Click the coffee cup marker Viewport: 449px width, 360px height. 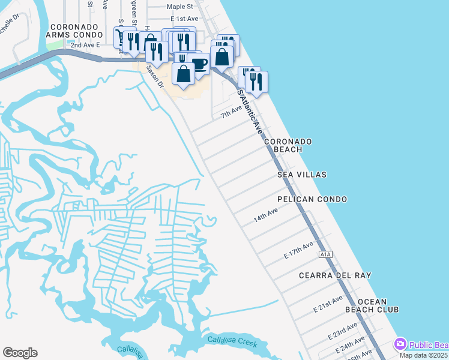coord(199,64)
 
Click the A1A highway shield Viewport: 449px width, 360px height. coord(325,254)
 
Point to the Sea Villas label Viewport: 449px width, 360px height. coord(302,175)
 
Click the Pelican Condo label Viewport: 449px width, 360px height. coord(312,199)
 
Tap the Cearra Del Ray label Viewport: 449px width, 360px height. coord(335,276)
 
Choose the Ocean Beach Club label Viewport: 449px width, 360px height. coord(372,305)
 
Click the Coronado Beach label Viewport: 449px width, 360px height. coord(292,145)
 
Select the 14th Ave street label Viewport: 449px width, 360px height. coord(265,215)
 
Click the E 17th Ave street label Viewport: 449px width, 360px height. coord(298,250)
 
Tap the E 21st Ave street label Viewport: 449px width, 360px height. coord(328,304)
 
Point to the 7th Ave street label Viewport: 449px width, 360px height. coord(231,112)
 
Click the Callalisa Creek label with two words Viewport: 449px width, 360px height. coord(232,343)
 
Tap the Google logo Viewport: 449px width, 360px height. coord(20,353)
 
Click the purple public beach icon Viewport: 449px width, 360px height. coord(400,344)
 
